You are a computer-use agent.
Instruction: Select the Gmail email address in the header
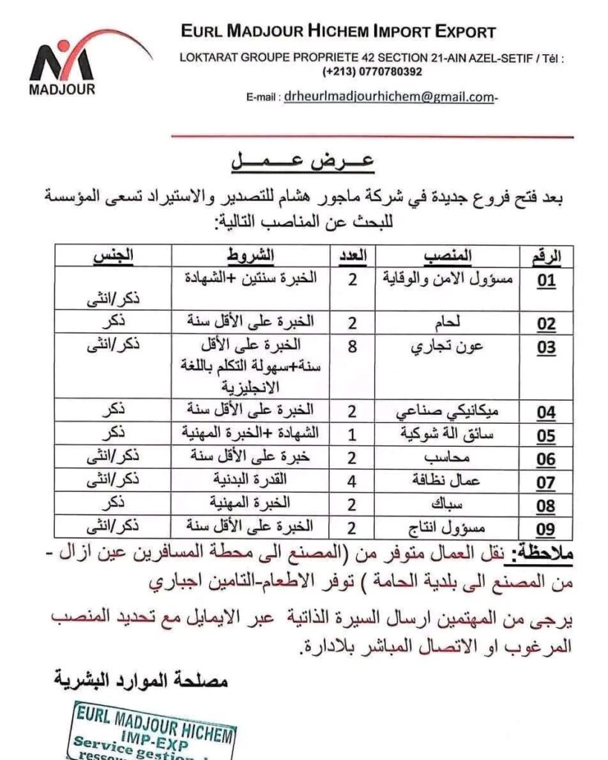click(x=388, y=96)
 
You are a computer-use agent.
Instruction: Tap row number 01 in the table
click(x=546, y=282)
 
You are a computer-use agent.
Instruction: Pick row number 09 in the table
click(x=546, y=530)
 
